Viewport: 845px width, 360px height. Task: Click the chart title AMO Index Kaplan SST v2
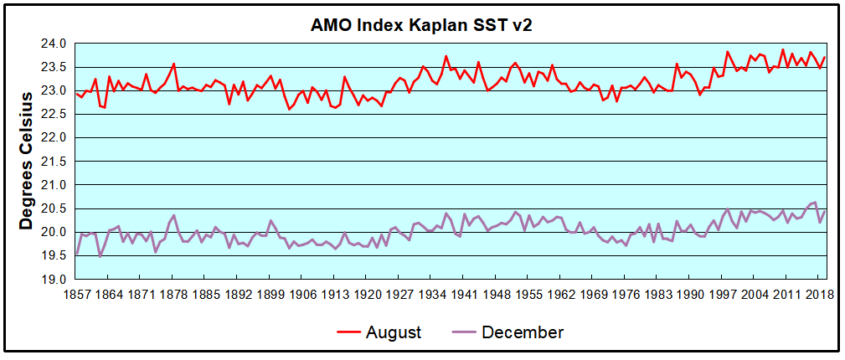tap(421, 25)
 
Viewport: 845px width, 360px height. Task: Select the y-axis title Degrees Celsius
tap(26, 160)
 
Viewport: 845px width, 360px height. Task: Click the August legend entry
tap(393, 332)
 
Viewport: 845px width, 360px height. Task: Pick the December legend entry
tap(522, 332)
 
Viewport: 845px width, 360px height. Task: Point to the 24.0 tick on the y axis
tap(54, 44)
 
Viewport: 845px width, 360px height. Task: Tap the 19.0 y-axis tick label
tap(54, 279)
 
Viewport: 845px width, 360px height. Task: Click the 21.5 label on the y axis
tap(54, 161)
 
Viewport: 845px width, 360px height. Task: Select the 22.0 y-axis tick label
tap(54, 137)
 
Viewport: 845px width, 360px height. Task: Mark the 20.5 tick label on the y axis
tap(54, 208)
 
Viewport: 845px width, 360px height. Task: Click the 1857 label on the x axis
tap(77, 295)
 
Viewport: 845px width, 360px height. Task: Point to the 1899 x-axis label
tap(271, 295)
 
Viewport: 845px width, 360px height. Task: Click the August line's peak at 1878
tap(174, 64)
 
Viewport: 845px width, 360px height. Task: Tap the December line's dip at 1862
tap(100, 255)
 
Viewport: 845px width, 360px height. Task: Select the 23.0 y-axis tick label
tap(54, 90)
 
